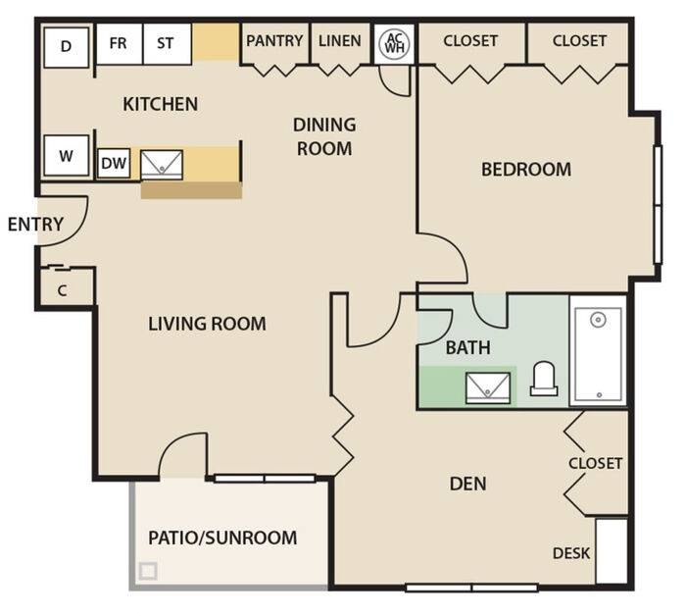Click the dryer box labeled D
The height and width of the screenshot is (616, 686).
pos(67,47)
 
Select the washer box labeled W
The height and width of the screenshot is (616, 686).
pos(67,155)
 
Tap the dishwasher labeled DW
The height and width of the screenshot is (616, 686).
pos(114,163)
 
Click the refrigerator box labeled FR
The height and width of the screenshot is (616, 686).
pos(119,44)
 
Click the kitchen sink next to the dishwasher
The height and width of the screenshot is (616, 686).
pos(162,165)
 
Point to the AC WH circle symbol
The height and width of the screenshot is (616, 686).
pos(394,43)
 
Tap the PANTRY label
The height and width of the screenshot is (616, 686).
pos(274,41)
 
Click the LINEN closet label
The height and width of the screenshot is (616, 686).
pos(339,41)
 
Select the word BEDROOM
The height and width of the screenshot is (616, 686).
pos(526,170)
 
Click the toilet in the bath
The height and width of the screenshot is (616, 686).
pos(544,379)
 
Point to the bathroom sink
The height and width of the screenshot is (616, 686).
pos(488,387)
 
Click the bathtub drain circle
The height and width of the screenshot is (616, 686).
pos(598,320)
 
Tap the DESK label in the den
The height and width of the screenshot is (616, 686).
pos(571,553)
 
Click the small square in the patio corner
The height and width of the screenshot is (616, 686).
pos(148,571)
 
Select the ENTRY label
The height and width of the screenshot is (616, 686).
pos(36,225)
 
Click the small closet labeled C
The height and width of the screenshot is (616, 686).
pos(65,289)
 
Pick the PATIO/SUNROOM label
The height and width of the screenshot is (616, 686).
pos(222,538)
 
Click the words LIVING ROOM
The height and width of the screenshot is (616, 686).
pos(207,324)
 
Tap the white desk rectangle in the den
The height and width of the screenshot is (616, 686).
pos(612,551)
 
